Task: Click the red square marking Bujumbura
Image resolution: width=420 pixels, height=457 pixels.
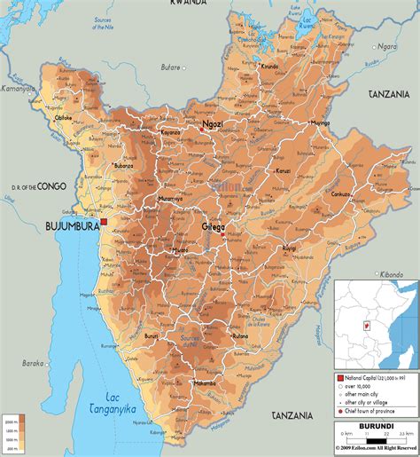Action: click(x=104, y=221)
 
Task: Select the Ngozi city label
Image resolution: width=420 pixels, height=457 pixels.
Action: click(x=213, y=124)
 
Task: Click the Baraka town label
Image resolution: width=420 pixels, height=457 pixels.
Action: click(x=33, y=363)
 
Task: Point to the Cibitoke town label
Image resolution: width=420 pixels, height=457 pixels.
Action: click(x=64, y=141)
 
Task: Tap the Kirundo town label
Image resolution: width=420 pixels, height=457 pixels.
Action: click(x=270, y=67)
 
